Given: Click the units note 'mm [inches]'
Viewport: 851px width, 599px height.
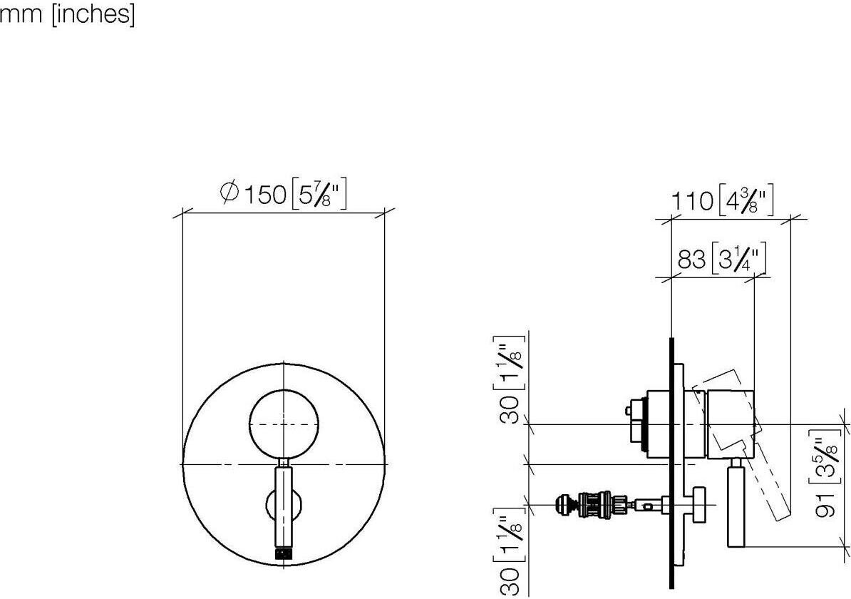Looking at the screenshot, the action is coord(67,14).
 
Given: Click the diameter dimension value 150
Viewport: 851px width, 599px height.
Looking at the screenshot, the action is coord(265,195).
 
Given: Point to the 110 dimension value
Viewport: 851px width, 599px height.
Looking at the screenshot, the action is coord(693,201).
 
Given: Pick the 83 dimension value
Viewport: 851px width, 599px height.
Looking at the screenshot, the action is coord(691,259).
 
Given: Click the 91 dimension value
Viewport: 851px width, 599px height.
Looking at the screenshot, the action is coord(825,503).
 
